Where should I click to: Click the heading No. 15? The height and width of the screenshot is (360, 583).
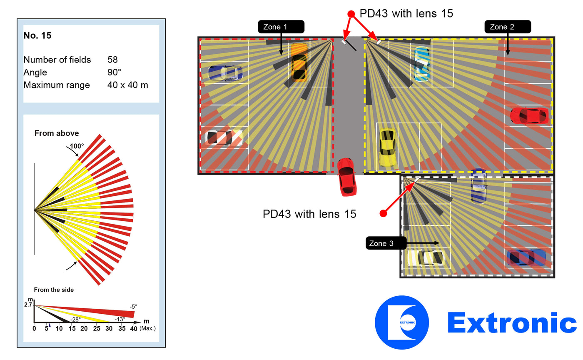(37, 35)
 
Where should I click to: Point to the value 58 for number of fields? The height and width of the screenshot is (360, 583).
(112, 60)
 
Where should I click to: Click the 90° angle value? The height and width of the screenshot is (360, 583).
(114, 72)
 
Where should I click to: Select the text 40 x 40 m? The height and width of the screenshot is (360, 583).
(127, 85)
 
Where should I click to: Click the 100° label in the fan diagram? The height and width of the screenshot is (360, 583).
(77, 146)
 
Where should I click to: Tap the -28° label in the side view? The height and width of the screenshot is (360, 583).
(75, 319)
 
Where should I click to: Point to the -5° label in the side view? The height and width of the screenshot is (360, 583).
(133, 306)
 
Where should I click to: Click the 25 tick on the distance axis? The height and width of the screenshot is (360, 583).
(97, 328)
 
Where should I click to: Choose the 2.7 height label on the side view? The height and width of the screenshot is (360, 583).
(28, 305)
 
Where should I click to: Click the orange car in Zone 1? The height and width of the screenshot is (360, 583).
(299, 63)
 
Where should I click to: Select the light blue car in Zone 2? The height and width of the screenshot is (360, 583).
(421, 64)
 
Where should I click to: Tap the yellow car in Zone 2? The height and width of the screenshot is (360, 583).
(388, 147)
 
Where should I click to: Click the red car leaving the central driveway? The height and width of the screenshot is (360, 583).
(346, 177)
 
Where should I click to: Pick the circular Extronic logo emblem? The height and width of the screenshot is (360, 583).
(401, 322)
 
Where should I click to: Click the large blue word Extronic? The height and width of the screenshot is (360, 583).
(512, 323)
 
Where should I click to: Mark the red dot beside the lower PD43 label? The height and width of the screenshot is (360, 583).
(383, 213)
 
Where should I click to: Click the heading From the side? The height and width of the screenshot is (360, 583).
(54, 290)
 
